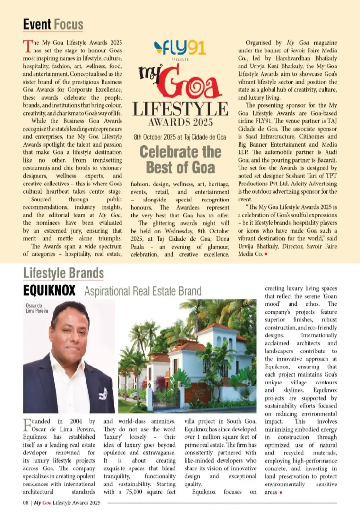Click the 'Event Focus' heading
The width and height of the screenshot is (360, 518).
point(53,24)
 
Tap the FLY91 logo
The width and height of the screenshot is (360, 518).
point(180,48)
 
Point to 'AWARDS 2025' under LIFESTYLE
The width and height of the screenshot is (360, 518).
point(180,122)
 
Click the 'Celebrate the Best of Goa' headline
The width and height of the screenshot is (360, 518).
point(180,159)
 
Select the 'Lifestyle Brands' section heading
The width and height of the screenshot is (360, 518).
point(64,273)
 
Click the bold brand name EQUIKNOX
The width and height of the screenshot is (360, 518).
point(50,291)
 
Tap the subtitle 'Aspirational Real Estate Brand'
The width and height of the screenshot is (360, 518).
point(142,291)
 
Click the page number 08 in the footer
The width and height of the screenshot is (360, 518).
point(26,503)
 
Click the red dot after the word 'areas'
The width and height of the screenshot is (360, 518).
point(281,493)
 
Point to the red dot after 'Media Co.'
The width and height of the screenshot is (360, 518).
point(266,254)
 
